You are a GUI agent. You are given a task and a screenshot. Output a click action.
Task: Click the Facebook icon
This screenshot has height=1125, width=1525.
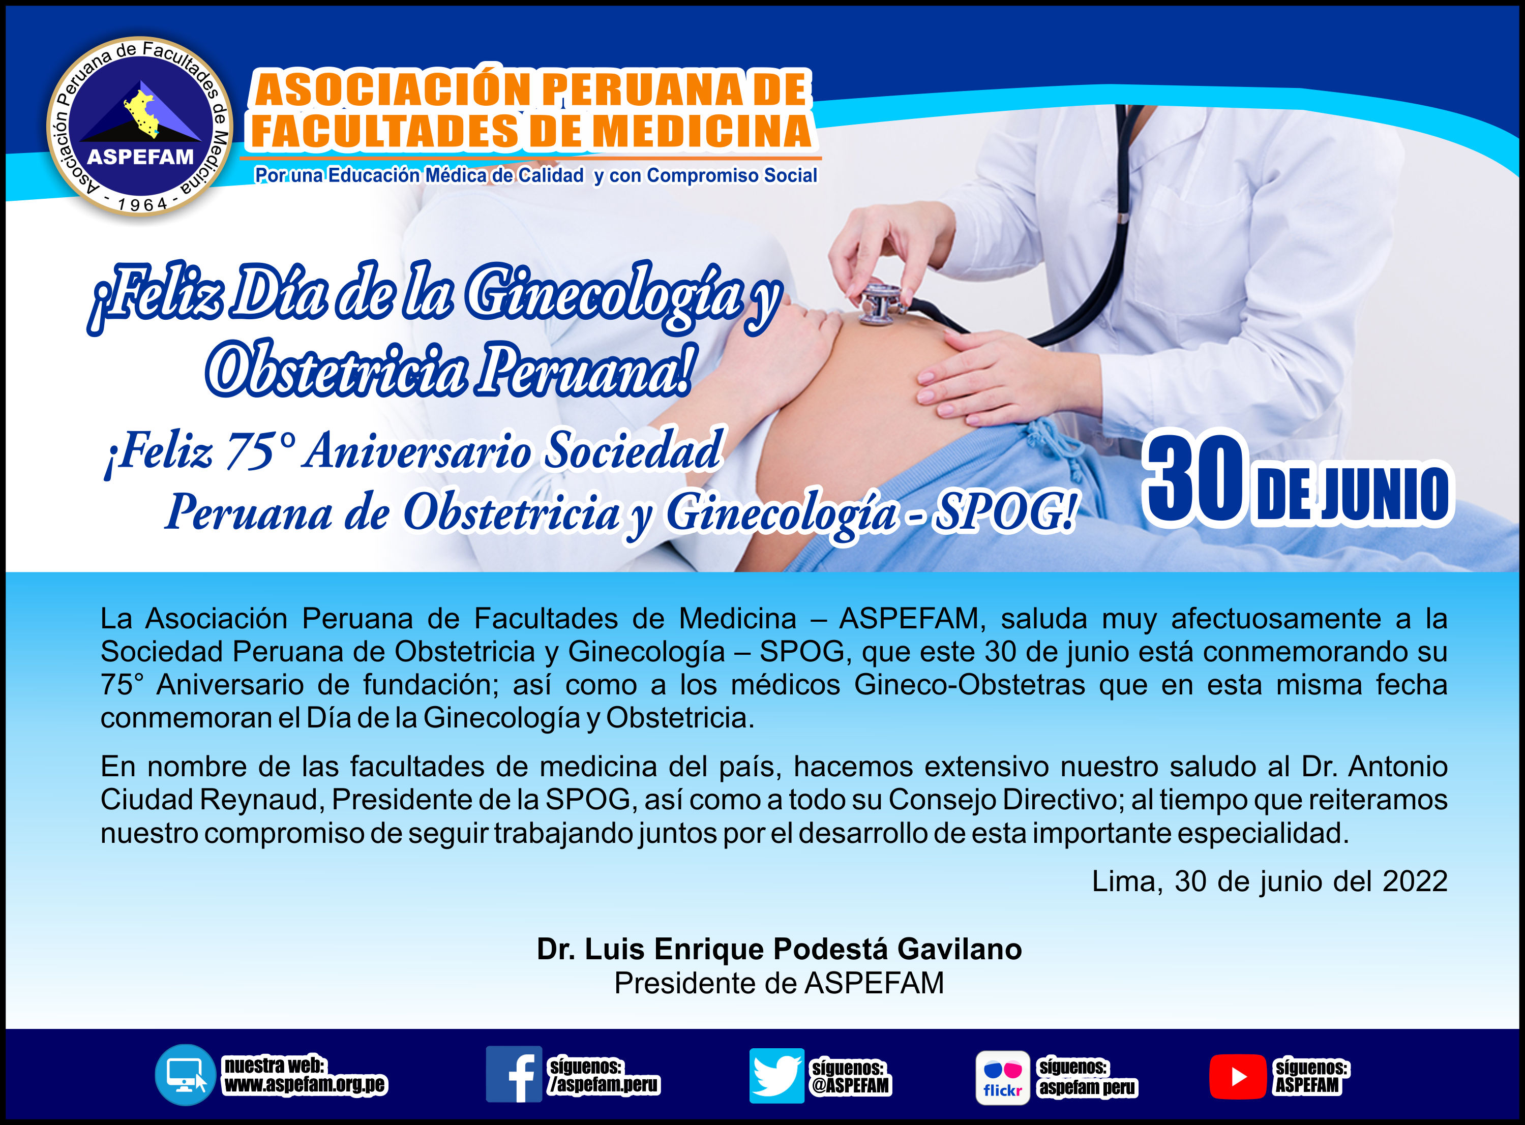coord(514,1074)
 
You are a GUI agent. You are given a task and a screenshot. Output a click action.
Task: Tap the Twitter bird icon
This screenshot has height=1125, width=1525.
coord(776,1075)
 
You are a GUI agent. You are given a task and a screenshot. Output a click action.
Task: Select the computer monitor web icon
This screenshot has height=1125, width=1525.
coord(185,1075)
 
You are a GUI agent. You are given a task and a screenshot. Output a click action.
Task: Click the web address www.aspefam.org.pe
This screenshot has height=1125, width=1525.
coord(305,1084)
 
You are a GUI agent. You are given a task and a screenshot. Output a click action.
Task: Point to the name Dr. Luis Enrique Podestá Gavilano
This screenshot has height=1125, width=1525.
coord(779,949)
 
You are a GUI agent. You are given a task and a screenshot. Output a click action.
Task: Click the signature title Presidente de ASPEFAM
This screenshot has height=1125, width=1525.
coord(779,983)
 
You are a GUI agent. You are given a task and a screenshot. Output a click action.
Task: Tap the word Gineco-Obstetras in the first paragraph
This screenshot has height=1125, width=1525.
coord(969,684)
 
